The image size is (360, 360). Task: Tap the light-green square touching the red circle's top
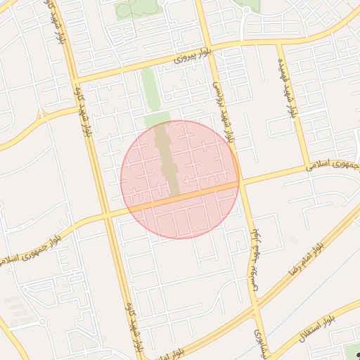[x=157, y=120]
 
